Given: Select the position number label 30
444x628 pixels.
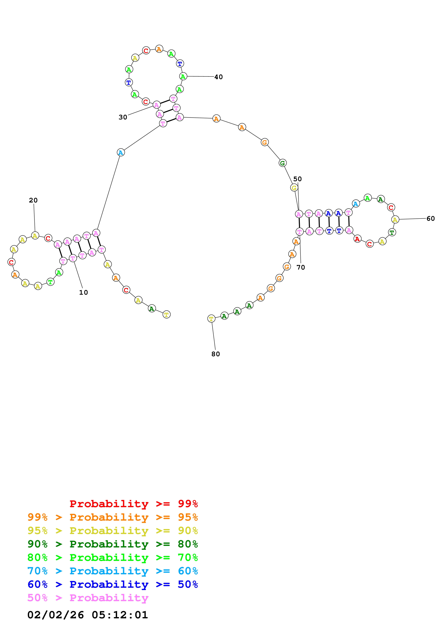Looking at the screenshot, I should click(123, 117).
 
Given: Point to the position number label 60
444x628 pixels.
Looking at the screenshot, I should click(430, 219).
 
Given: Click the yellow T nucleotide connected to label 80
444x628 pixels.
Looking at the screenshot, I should click(211, 319).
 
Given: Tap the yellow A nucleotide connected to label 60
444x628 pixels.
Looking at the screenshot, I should click(395, 219).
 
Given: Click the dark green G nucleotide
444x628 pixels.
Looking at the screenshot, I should click(283, 163).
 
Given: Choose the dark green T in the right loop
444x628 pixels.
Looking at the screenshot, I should click(392, 233).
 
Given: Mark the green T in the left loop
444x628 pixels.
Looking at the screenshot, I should click(50, 282).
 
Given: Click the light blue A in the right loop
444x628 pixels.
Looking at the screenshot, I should click(356, 204).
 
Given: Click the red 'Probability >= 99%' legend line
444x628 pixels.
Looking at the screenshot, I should click(133, 504).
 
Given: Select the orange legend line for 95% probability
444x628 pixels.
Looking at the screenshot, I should click(113, 517).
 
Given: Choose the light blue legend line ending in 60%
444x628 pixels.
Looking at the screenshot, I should click(113, 571).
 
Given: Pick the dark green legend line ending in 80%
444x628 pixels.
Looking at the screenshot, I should click(113, 544).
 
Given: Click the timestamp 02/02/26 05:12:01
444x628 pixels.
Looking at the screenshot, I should click(88, 615).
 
